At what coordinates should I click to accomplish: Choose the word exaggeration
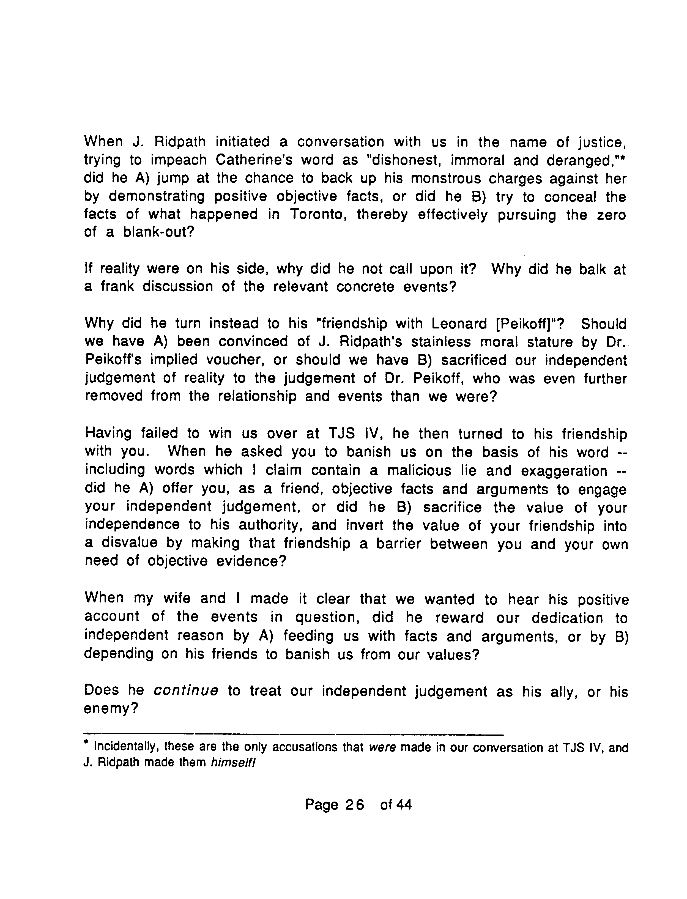(x=564, y=471)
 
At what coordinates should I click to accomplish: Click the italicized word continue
(x=186, y=690)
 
